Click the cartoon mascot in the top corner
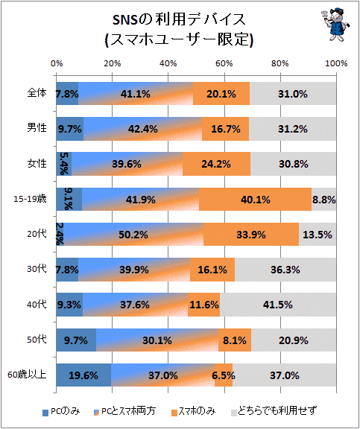pyautogui.click(x=335, y=24)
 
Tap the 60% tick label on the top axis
pyautogui.click(x=224, y=63)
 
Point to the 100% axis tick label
pyautogui.click(x=336, y=63)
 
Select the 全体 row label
pyautogui.click(x=37, y=93)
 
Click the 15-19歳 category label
pyautogui.click(x=30, y=199)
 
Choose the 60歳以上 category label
pyautogui.click(x=27, y=375)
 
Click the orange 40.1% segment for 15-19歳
pyautogui.click(x=255, y=199)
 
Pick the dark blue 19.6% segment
pyautogui.click(x=83, y=375)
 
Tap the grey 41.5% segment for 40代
pyautogui.click(x=278, y=305)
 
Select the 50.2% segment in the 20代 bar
pyautogui.click(x=133, y=235)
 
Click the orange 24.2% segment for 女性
pyautogui.click(x=216, y=164)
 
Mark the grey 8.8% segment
pyautogui.click(x=324, y=199)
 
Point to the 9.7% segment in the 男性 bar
pyautogui.click(x=70, y=129)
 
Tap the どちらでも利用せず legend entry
pyautogui.click(x=274, y=411)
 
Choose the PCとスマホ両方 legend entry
pyautogui.click(x=124, y=411)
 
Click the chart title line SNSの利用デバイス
pyautogui.click(x=180, y=19)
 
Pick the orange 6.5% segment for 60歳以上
pyautogui.click(x=224, y=375)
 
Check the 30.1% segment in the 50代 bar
pyautogui.click(x=157, y=340)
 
